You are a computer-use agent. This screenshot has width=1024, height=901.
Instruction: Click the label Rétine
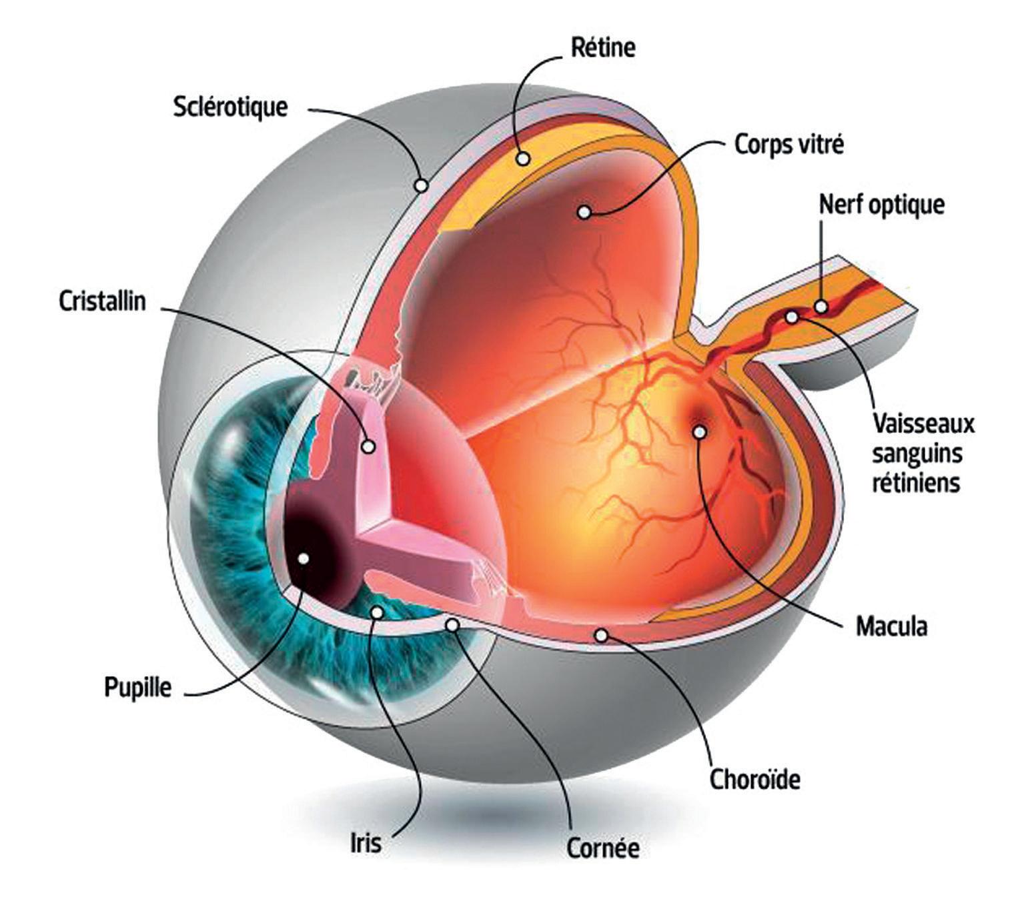(603, 48)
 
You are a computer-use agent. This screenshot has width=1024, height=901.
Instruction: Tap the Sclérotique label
(230, 107)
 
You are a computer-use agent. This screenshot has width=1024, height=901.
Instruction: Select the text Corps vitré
(789, 145)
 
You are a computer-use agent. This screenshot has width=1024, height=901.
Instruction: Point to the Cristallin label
(102, 301)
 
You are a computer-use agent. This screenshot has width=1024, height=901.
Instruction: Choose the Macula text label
(891, 626)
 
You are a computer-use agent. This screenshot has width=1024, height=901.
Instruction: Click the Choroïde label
(754, 779)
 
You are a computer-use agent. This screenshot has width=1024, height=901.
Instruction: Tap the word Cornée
(603, 848)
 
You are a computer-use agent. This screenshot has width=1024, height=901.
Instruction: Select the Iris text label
(366, 842)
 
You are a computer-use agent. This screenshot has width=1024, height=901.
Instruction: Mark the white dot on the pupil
(304, 559)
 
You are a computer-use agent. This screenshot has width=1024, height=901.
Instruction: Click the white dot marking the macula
(699, 432)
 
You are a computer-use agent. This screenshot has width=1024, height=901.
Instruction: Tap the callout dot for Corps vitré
(584, 212)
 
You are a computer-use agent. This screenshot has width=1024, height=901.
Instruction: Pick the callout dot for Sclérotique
(421, 184)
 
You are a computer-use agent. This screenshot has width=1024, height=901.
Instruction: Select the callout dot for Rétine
(524, 159)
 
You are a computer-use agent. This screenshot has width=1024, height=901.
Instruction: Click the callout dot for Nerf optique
(821, 306)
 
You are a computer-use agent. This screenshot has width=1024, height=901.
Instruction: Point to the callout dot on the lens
(368, 446)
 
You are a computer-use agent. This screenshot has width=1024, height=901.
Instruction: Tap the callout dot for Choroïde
(601, 636)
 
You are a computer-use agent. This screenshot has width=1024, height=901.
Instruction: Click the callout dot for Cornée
(452, 625)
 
